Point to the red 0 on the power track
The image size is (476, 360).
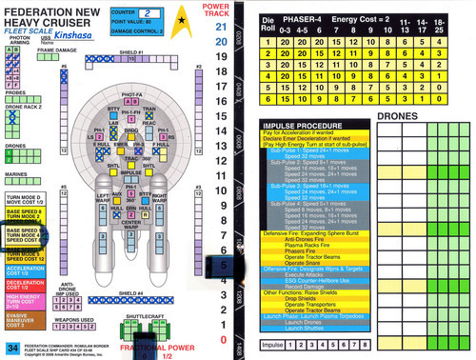point(221,339)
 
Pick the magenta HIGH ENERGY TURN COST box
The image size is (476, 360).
point(22,302)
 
